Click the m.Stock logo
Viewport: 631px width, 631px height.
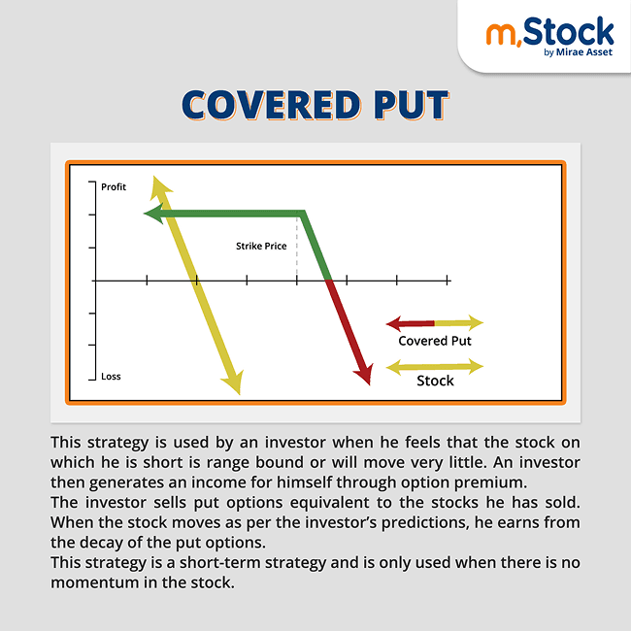pyautogui.click(x=549, y=34)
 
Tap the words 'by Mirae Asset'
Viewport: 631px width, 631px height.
pyautogui.click(x=579, y=53)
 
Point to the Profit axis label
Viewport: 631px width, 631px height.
pyautogui.click(x=114, y=185)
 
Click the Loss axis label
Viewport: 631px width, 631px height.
pyautogui.click(x=112, y=376)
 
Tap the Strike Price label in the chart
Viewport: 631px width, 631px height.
pyautogui.click(x=261, y=247)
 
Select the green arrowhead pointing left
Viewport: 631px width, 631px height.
pyautogui.click(x=152, y=215)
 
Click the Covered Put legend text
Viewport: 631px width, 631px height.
pyautogui.click(x=435, y=341)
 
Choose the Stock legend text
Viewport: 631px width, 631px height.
pyautogui.click(x=435, y=381)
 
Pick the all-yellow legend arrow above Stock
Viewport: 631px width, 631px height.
pyautogui.click(x=434, y=366)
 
